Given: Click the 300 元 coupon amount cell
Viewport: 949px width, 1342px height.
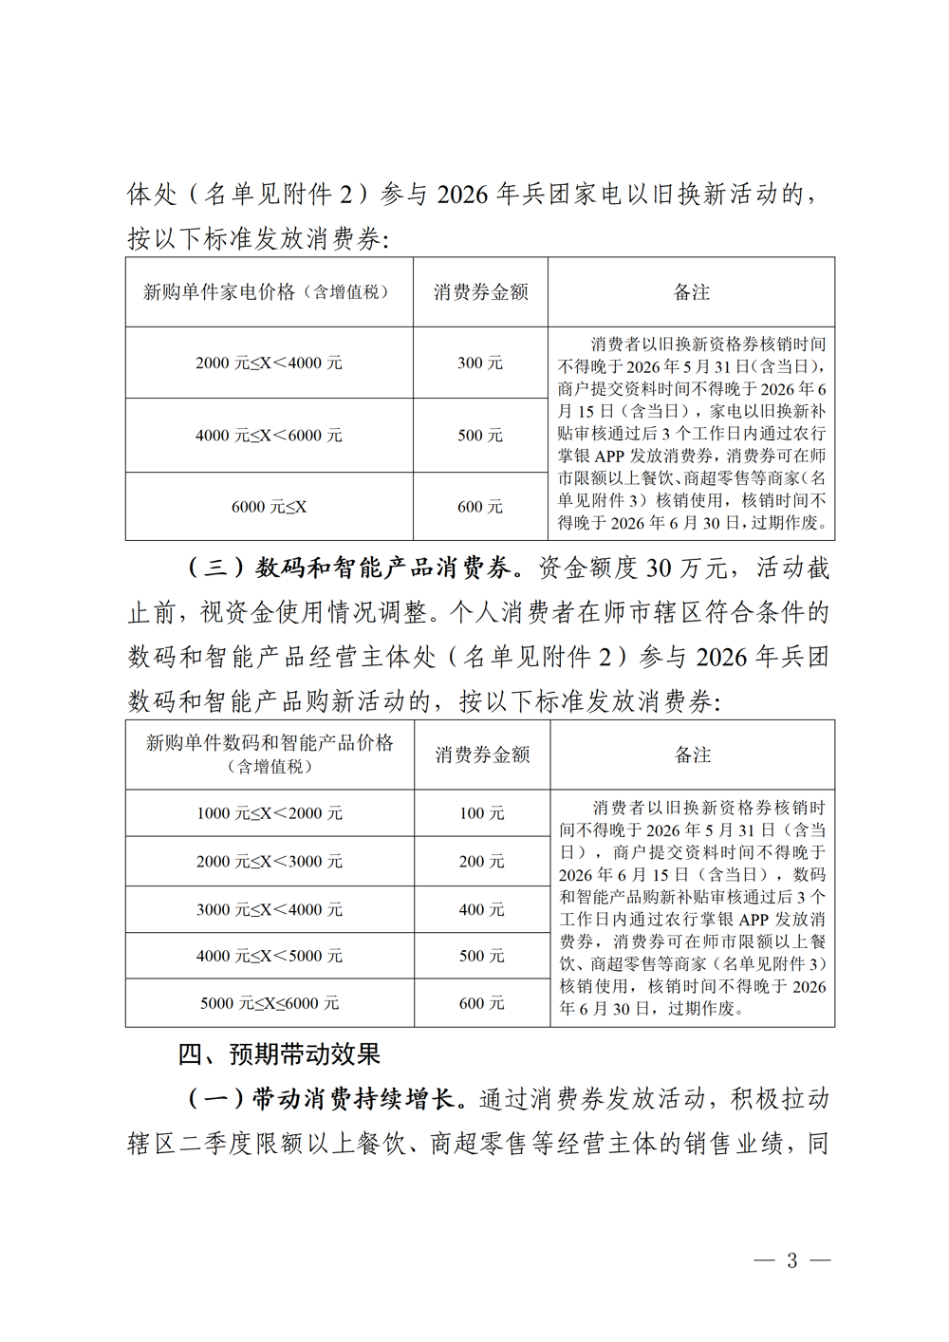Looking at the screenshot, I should pos(480,363).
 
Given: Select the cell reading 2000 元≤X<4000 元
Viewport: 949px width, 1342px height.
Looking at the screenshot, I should pos(269,363).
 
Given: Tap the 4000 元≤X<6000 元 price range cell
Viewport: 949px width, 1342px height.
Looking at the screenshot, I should pos(269,435).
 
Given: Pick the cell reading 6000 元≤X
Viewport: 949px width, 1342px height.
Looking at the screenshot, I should pos(269,507).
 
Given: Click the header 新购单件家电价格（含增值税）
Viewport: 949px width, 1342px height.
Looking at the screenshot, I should pos(269,292).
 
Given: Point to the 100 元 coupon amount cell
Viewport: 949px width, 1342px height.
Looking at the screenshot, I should pos(481,813).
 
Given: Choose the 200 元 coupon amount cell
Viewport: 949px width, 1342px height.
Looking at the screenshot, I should pos(481,862).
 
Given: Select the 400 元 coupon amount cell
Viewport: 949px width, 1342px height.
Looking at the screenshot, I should pos(481,909).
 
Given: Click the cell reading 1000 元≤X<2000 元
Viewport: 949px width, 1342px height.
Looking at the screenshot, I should pos(270,813).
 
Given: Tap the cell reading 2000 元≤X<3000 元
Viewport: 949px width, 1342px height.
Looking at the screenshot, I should pos(270,862).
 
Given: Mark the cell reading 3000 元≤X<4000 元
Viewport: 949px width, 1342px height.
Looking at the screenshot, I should pos(270,909).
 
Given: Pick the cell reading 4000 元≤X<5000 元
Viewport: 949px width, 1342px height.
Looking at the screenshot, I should pos(270,956).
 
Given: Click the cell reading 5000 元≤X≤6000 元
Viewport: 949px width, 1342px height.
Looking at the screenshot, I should pos(270,1003).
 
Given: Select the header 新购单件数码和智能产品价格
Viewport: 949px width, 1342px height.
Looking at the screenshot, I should pos(270,743).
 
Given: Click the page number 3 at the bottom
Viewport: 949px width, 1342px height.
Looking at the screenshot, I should pos(792,1260).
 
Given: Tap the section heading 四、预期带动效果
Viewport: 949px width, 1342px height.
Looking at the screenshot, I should pos(279,1054).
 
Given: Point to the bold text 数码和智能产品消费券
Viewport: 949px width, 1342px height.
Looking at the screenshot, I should pos(383,568).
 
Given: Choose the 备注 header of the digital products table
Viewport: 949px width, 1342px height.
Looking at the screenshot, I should pos(692,755).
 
